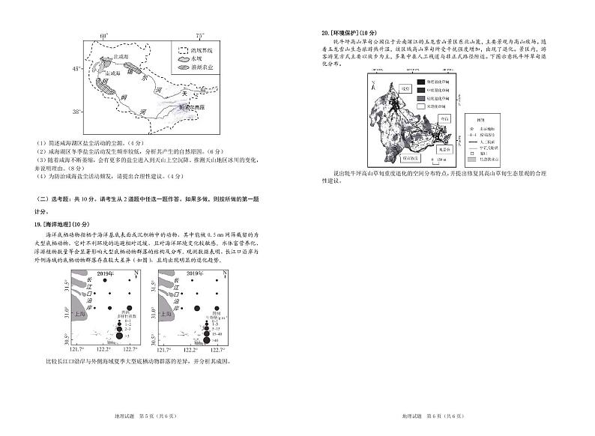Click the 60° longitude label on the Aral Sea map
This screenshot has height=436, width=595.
point(105,35)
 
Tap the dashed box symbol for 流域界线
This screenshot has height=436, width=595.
point(181,47)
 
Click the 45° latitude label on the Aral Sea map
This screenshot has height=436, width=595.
point(76,69)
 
